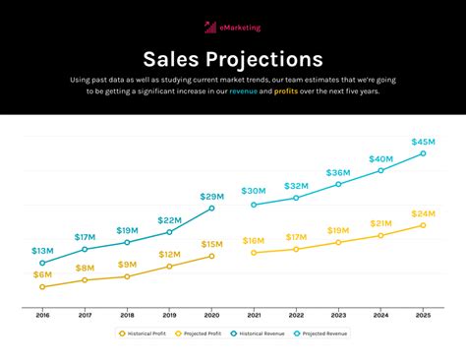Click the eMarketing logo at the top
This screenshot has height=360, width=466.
click(x=232, y=28)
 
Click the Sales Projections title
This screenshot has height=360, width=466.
click(x=233, y=60)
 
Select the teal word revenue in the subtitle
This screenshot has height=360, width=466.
click(x=243, y=91)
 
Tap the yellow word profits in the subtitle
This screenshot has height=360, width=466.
click(x=286, y=91)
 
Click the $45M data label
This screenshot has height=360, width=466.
click(x=424, y=142)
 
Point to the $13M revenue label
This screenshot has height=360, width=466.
click(x=42, y=251)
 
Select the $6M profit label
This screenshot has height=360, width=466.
click(x=42, y=274)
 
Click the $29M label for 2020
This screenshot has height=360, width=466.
click(x=211, y=197)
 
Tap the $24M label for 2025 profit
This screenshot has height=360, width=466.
click(x=424, y=213)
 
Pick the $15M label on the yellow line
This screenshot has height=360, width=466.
click(x=211, y=244)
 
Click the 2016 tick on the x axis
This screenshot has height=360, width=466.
click(x=42, y=315)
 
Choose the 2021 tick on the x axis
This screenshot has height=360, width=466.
click(x=254, y=315)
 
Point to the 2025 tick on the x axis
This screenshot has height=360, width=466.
click(x=424, y=315)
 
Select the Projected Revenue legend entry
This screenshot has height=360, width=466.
click(x=320, y=333)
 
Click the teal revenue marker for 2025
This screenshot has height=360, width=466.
click(x=424, y=153)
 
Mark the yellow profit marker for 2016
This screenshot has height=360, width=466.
click(x=42, y=287)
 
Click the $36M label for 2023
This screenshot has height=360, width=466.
click(x=338, y=173)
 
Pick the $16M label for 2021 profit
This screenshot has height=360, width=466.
click(x=254, y=241)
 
